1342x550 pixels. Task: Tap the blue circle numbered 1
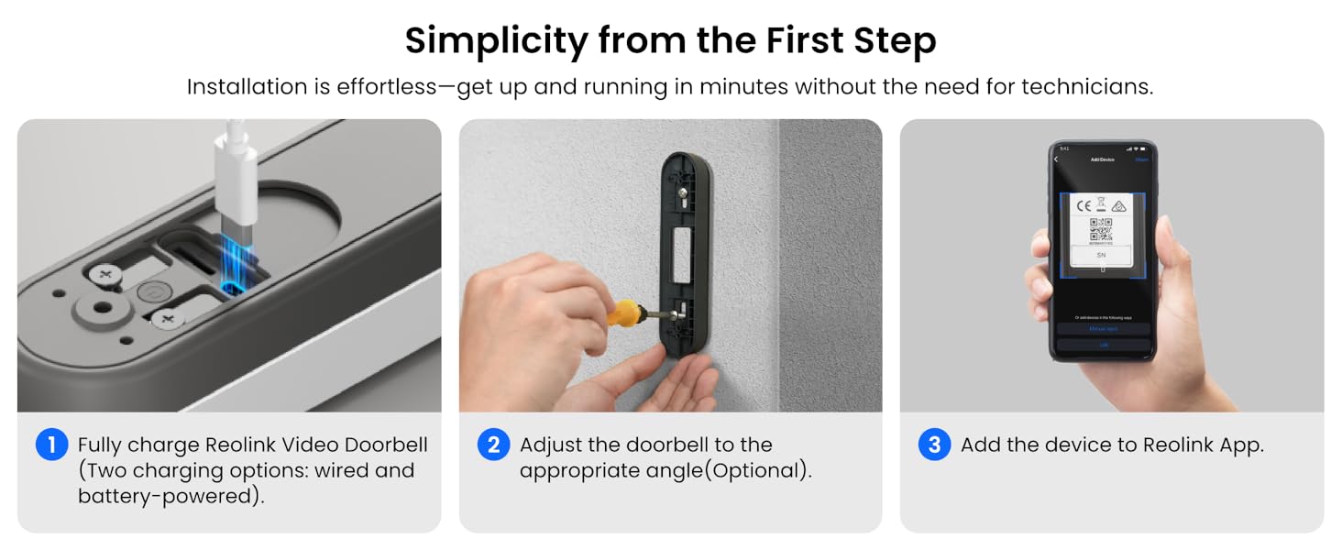(x=51, y=445)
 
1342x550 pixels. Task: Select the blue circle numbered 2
(x=493, y=445)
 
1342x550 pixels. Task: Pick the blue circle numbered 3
(x=934, y=445)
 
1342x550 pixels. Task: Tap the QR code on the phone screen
(x=1101, y=230)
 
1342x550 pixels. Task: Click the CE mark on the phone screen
(x=1083, y=204)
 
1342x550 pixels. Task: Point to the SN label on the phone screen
(x=1101, y=255)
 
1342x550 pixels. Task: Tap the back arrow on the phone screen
(x=1056, y=159)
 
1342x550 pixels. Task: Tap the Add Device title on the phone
(x=1101, y=159)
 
